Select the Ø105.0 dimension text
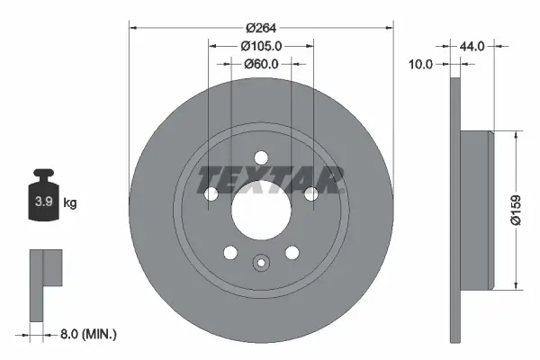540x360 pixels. pyautogui.click(x=262, y=46)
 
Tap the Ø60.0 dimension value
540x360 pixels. pyautogui.click(x=262, y=64)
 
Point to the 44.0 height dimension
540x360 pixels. pyautogui.click(x=474, y=46)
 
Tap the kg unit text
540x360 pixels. pyautogui.click(x=70, y=203)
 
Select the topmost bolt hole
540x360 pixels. pyautogui.click(x=261, y=156)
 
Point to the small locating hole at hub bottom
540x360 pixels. pyautogui.click(x=261, y=264)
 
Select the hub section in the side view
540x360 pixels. pyautogui.click(x=476, y=211)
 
